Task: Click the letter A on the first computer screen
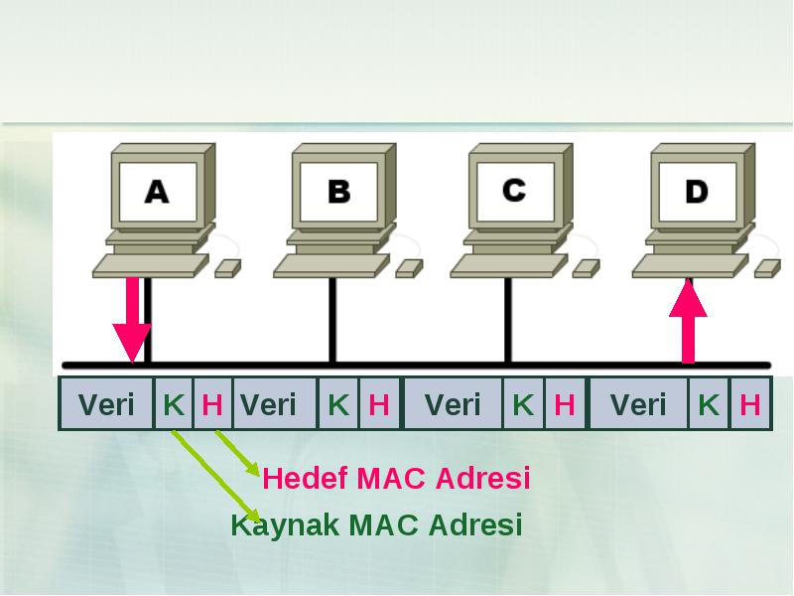(157, 192)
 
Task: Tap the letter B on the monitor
(338, 192)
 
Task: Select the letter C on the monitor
(514, 190)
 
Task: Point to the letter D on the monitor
(697, 192)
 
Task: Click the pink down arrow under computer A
(132, 320)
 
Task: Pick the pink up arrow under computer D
(688, 321)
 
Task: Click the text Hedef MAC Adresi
(396, 478)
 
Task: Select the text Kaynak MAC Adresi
(376, 524)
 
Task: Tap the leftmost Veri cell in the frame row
(106, 404)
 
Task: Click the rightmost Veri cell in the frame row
(639, 404)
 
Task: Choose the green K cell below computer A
(173, 404)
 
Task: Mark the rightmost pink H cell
(750, 404)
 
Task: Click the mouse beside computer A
(228, 268)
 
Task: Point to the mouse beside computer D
(767, 268)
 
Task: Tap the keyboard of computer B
(331, 266)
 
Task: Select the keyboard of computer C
(509, 266)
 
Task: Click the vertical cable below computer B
(332, 320)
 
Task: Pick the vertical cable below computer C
(508, 320)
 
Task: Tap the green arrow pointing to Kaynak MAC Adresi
(216, 477)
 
